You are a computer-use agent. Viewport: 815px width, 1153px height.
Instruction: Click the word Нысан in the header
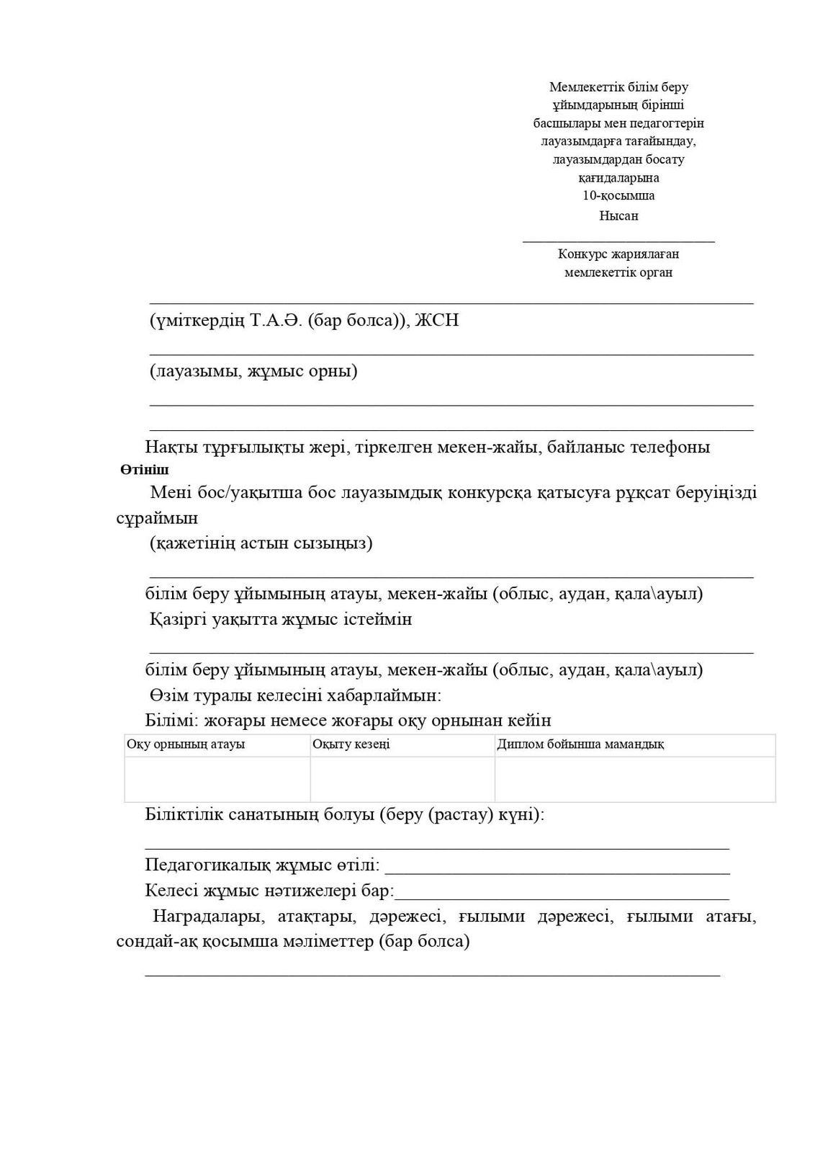[x=618, y=215]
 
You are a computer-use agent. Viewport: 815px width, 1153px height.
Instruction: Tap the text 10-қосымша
[x=618, y=196]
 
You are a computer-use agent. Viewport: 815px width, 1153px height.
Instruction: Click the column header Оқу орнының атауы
[x=186, y=744]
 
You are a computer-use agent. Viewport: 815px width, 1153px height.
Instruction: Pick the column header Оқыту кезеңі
[x=351, y=744]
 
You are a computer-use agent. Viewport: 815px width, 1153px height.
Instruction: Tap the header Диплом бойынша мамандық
[x=580, y=744]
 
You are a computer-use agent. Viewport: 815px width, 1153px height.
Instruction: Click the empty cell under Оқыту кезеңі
[x=402, y=778]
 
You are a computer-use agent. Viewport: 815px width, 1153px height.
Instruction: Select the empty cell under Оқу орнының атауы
[x=217, y=778]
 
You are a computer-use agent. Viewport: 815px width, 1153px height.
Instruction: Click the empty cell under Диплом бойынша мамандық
[x=634, y=778]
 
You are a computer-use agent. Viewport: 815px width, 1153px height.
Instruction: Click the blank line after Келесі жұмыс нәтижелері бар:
[x=562, y=897]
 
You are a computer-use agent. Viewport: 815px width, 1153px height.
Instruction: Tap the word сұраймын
[x=157, y=518]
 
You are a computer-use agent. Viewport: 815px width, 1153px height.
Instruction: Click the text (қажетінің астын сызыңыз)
[x=261, y=543]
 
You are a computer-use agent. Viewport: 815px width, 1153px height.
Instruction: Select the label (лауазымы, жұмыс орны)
[x=253, y=372]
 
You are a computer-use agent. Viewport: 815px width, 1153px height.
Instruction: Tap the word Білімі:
[x=172, y=720]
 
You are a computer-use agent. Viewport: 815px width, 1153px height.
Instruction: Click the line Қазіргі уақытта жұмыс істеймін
[x=281, y=619]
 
